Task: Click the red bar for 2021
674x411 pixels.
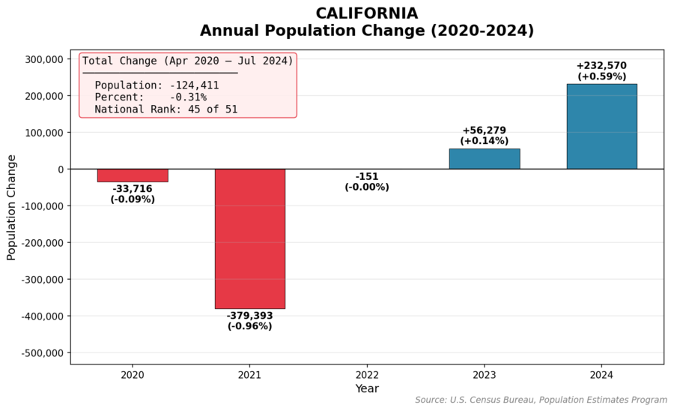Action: click(x=249, y=238)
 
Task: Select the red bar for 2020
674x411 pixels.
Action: click(x=133, y=175)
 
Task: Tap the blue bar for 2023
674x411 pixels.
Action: click(x=484, y=158)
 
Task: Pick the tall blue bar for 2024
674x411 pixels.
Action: click(x=601, y=126)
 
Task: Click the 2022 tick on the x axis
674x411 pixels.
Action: click(x=367, y=374)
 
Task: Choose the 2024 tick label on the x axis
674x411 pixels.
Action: click(x=601, y=374)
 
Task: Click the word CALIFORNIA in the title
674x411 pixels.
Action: click(x=366, y=13)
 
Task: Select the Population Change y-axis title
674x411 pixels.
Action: click(x=11, y=207)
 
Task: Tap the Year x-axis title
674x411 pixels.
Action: click(x=367, y=388)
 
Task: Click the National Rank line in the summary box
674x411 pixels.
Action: click(x=166, y=109)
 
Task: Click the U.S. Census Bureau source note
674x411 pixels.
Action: click(x=541, y=400)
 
